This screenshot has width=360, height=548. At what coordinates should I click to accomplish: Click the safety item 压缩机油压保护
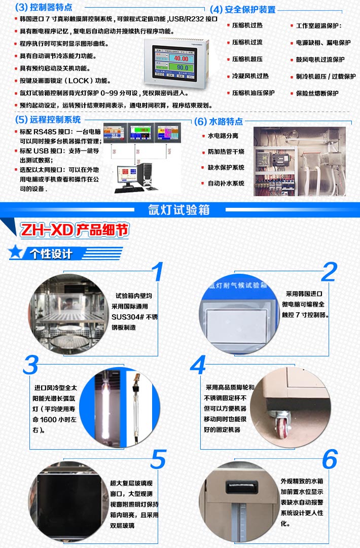tap(253, 93)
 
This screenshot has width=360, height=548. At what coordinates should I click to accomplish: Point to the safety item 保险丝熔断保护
tap(317, 93)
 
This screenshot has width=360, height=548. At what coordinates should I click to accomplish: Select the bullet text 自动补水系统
tap(226, 183)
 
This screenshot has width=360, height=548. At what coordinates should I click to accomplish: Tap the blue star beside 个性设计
tap(16, 252)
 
